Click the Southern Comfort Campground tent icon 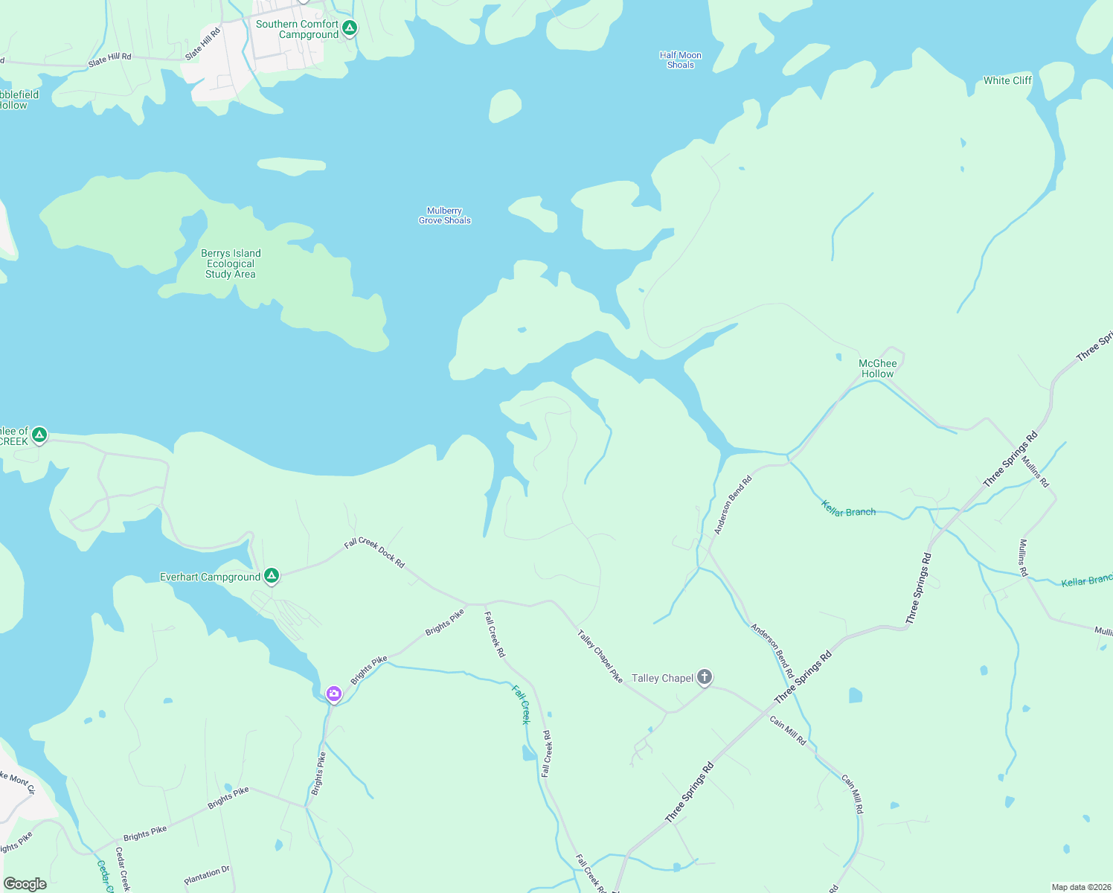click(x=349, y=28)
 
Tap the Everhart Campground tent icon click(x=272, y=575)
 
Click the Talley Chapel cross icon click(x=704, y=677)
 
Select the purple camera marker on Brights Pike click(x=334, y=694)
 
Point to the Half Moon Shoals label click(x=680, y=60)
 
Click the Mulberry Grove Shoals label click(x=445, y=216)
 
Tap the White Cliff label click(x=1007, y=80)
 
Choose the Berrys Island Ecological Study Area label click(x=231, y=263)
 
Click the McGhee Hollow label click(x=878, y=368)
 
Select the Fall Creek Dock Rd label click(x=374, y=553)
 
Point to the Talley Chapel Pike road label click(x=600, y=656)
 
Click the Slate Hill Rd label click(x=109, y=60)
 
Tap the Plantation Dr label click(x=207, y=875)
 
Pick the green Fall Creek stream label click(x=521, y=704)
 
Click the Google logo click(x=25, y=884)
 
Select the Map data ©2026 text click(x=1080, y=887)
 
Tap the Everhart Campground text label click(x=211, y=577)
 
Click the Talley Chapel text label click(x=662, y=678)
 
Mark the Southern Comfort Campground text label click(x=298, y=29)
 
